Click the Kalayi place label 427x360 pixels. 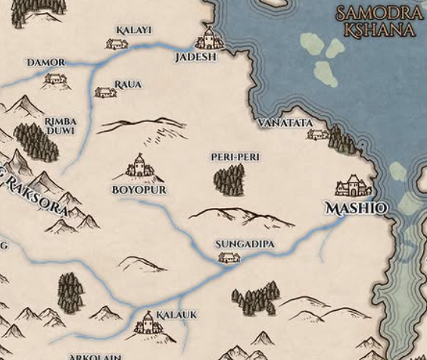(134, 30)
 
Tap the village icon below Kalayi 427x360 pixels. (117, 44)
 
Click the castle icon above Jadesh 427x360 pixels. (207, 39)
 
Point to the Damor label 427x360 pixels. (46, 61)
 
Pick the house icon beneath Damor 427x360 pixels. (55, 78)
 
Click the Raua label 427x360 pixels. (127, 84)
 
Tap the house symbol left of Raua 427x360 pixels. (104, 92)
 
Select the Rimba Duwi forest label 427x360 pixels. (61, 125)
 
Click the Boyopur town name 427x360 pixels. (139, 189)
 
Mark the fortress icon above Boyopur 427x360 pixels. (139, 166)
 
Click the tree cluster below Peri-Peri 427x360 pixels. (229, 179)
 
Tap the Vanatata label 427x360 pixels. (285, 122)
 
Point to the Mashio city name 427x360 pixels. (356, 207)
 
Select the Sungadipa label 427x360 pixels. (244, 244)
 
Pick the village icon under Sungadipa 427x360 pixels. (229, 259)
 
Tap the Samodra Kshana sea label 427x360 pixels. (377, 22)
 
